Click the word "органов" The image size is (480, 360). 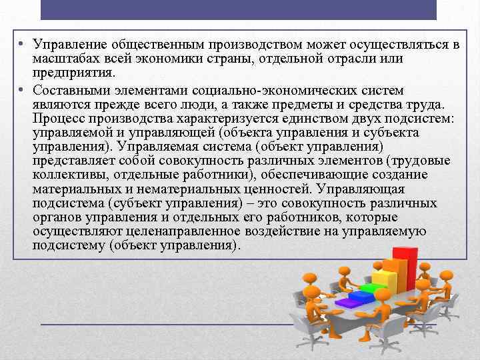click(x=55, y=217)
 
